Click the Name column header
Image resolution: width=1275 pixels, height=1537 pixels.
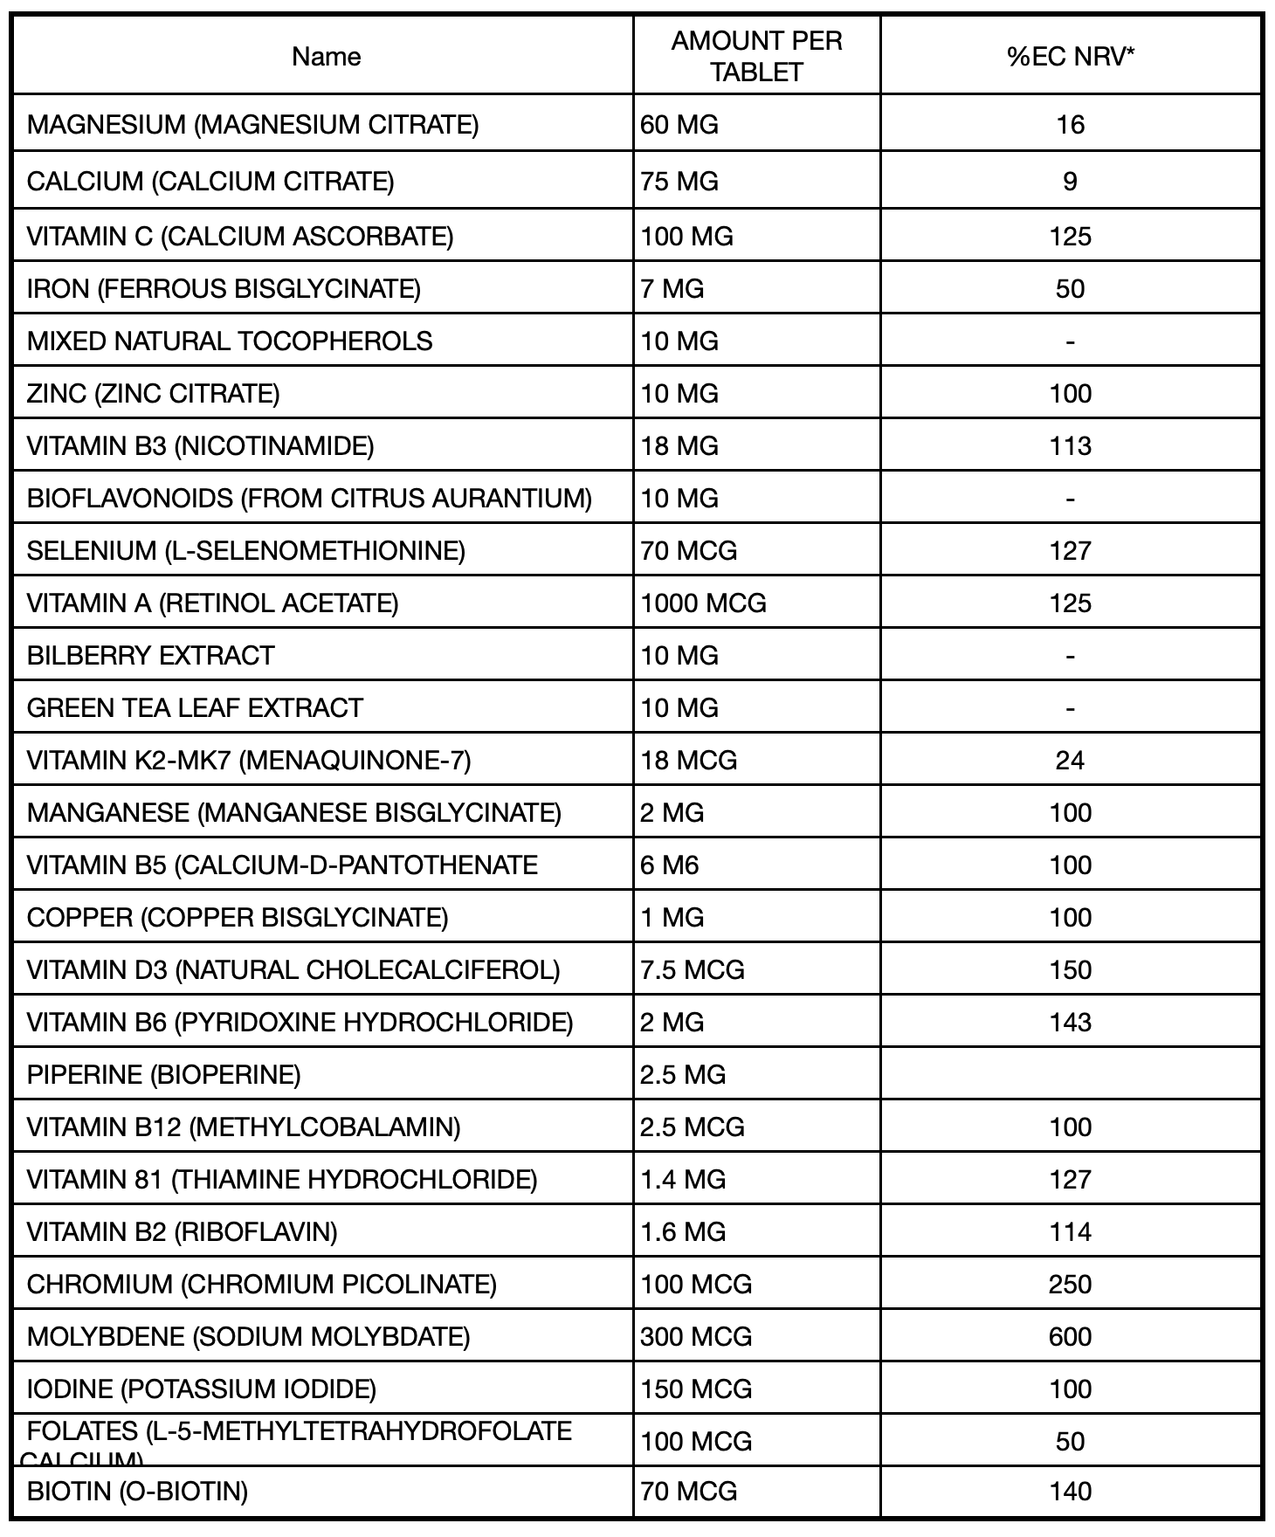pos(326,57)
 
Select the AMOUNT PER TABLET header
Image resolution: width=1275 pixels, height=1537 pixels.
pos(756,57)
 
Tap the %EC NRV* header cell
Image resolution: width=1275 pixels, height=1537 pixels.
pos(1070,57)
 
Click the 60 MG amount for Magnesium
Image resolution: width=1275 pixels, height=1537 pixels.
pos(679,125)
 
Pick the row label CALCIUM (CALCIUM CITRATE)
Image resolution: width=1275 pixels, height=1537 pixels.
pos(210,182)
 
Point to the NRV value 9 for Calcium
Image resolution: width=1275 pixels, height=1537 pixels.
pos(1070,182)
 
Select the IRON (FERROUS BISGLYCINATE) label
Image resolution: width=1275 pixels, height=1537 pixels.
pos(224,288)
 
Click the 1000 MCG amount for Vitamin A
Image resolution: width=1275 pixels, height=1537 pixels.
pos(703,603)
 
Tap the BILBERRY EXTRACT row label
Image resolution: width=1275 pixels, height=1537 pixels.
pos(151,655)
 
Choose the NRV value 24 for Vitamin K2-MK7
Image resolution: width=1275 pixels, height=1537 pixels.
pos(1070,760)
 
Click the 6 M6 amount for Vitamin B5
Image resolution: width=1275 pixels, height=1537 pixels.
pos(670,865)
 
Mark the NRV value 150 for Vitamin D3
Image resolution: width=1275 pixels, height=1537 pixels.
pos(1070,969)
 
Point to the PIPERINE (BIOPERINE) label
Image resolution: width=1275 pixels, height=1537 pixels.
pos(164,1074)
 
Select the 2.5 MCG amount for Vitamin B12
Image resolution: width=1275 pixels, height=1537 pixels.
pos(692,1127)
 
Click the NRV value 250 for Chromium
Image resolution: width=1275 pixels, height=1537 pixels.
pos(1070,1284)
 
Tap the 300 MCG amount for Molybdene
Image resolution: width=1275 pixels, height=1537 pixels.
pos(696,1336)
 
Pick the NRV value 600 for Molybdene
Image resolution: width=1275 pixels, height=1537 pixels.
pos(1070,1336)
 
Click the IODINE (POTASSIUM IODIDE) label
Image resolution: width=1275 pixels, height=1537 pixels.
pos(202,1389)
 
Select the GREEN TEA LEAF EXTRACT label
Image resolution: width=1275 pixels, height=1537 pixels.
pos(195,707)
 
